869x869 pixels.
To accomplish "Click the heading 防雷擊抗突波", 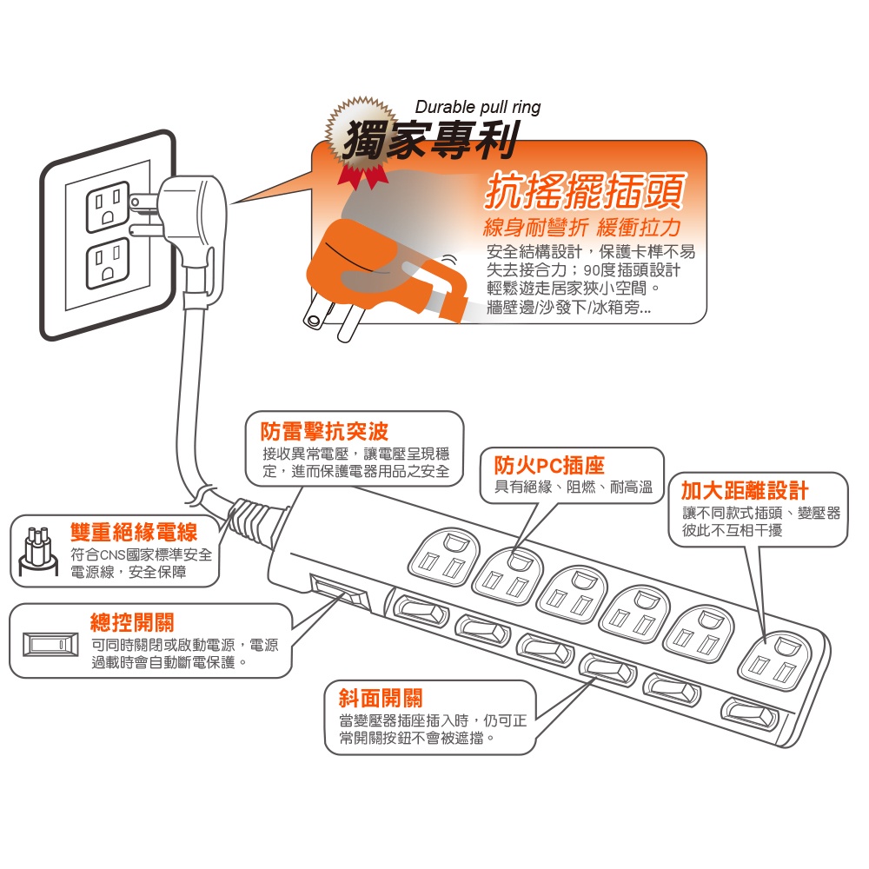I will point(325,431).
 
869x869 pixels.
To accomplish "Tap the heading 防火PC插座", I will point(548,464).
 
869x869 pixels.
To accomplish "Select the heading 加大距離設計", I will point(744,489).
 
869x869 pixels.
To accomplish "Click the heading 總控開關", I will point(132,622).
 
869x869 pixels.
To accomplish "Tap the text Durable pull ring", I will point(477,107).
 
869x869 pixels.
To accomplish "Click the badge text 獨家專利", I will point(430,139).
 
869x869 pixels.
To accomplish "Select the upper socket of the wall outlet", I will point(106,207).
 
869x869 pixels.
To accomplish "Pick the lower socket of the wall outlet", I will point(106,266).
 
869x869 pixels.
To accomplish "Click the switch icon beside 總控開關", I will point(50,645).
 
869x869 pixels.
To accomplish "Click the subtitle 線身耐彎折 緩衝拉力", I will point(581,229).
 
